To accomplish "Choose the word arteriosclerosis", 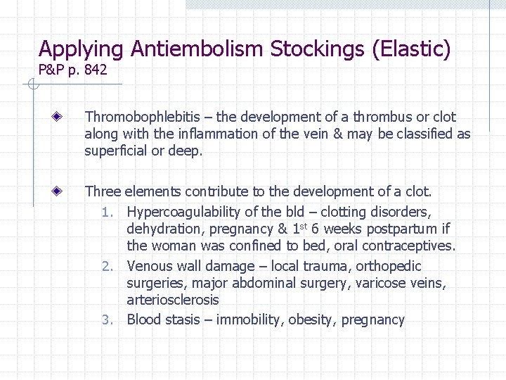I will coord(173,300).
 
